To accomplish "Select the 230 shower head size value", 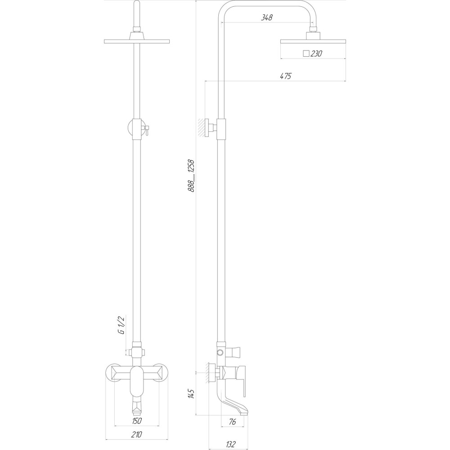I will click(x=316, y=54).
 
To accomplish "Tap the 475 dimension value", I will click(x=285, y=76).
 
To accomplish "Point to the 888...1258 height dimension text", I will click(x=191, y=175).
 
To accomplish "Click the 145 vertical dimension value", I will click(x=191, y=396).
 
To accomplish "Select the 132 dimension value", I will click(x=231, y=444).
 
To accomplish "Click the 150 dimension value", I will click(x=137, y=421).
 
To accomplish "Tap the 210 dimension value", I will click(x=137, y=434).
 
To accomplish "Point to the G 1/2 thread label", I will click(x=121, y=325).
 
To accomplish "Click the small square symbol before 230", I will click(x=306, y=54).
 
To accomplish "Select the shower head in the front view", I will click(x=137, y=42).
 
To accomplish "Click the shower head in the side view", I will click(x=313, y=41).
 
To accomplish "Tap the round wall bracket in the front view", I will click(x=136, y=128).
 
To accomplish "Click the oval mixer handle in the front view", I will click(x=137, y=381).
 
